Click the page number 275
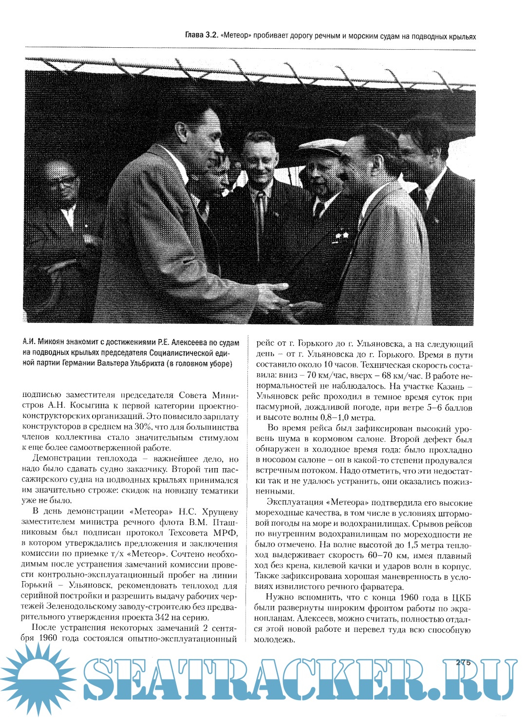(x=463, y=662)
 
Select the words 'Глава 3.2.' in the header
(x=201, y=36)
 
